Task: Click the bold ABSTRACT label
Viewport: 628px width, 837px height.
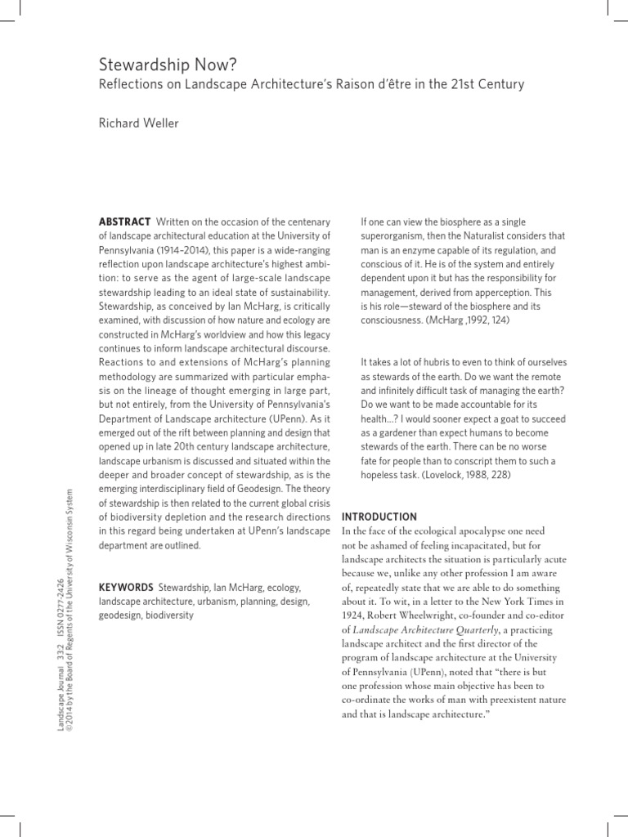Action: [x=124, y=222]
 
